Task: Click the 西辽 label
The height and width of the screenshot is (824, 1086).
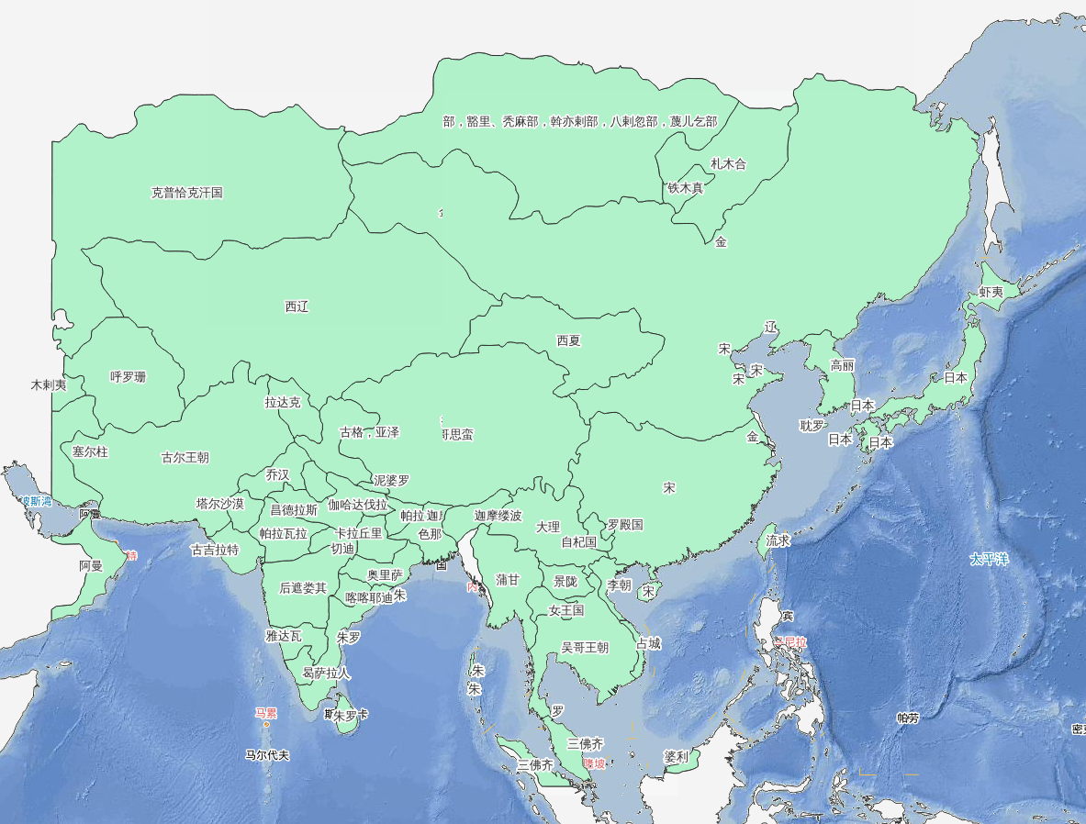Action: click(297, 306)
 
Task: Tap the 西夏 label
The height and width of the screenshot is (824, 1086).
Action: click(568, 340)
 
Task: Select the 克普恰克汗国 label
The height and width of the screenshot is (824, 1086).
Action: click(186, 193)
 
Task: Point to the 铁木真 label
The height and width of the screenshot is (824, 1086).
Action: click(685, 188)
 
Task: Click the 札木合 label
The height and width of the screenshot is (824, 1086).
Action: click(728, 164)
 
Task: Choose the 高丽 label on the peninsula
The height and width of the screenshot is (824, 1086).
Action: click(842, 365)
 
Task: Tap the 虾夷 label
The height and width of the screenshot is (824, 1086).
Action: click(991, 292)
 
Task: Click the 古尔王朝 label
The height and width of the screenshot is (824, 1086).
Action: click(185, 457)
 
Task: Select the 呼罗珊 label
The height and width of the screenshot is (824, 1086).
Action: click(128, 377)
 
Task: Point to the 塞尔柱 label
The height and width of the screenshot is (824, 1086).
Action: click(90, 451)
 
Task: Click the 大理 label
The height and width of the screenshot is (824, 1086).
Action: click(547, 527)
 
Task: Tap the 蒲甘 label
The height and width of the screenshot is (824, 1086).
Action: click(507, 580)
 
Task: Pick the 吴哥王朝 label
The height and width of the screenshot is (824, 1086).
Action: click(584, 647)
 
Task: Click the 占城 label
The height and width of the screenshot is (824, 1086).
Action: click(647, 643)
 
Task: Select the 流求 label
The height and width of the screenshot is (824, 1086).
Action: click(778, 540)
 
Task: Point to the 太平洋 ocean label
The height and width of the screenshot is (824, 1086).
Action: click(990, 558)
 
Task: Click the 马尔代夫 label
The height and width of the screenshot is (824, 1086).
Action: click(266, 755)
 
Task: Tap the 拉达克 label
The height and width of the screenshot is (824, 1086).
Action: click(282, 402)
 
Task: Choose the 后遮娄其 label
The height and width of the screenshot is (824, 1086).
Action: click(303, 588)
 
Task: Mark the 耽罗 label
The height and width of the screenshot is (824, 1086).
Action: click(812, 426)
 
